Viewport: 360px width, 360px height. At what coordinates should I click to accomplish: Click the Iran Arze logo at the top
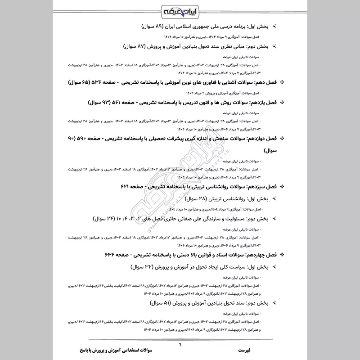coord(180,10)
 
